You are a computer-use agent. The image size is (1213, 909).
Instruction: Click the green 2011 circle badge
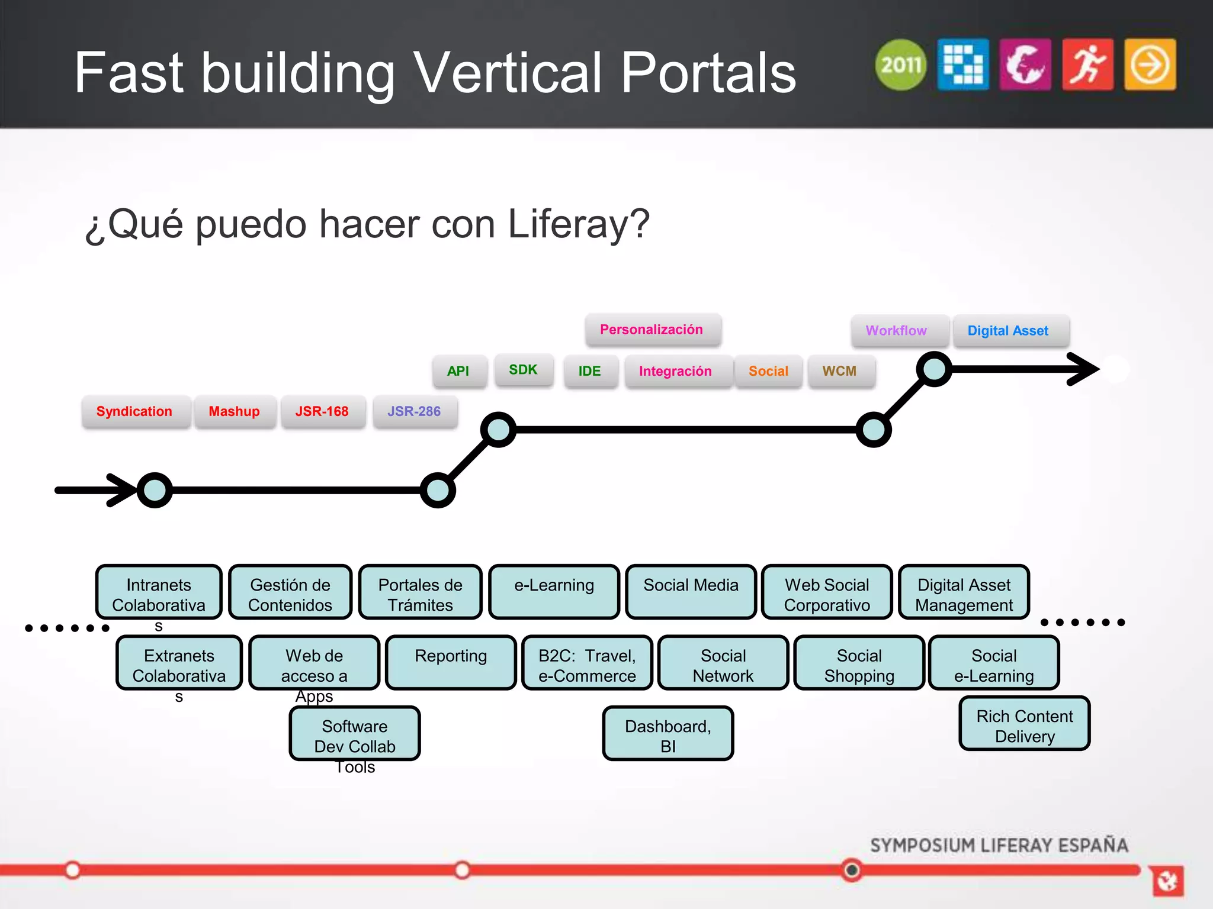(x=900, y=65)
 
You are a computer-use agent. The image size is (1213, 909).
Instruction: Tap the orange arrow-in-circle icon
(x=1150, y=65)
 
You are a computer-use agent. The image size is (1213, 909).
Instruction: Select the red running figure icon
(x=1087, y=65)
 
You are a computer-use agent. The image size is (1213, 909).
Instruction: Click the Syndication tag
(x=134, y=411)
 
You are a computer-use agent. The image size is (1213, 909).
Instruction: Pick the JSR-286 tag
(x=414, y=411)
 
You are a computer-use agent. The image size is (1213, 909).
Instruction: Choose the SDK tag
(x=523, y=370)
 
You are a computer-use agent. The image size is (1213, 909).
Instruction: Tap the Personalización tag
(x=652, y=330)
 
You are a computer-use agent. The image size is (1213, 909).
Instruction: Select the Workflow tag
(x=896, y=331)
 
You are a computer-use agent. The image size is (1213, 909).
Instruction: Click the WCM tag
(x=839, y=371)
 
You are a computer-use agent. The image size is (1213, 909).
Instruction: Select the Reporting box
(x=451, y=662)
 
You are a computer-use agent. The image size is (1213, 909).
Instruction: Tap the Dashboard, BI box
(x=668, y=733)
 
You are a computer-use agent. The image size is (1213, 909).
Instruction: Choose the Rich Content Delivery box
(x=1025, y=724)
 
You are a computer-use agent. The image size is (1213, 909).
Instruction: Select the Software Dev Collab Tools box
(x=355, y=734)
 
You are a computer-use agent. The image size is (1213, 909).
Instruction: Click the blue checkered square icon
(x=963, y=65)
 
